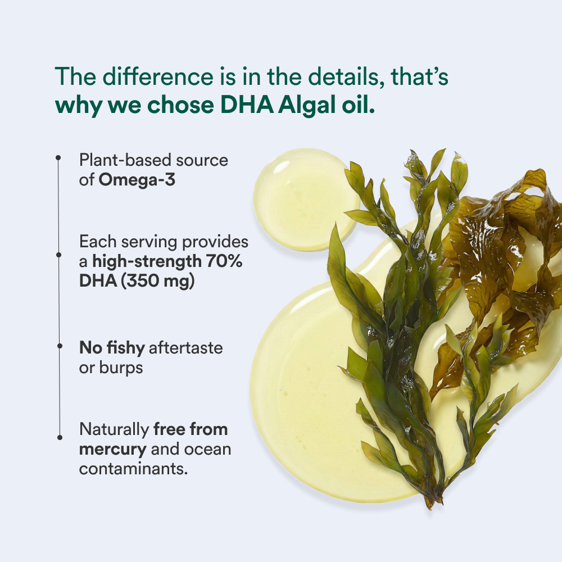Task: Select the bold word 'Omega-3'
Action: click(x=137, y=180)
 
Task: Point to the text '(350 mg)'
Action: click(x=157, y=280)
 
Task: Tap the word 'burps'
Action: click(x=121, y=368)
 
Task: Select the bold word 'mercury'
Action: click(x=112, y=450)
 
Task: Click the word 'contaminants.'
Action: click(x=133, y=469)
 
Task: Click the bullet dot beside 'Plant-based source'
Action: click(x=58, y=158)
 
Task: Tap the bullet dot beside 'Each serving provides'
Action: click(x=59, y=255)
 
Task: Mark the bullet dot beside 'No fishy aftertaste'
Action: click(x=60, y=346)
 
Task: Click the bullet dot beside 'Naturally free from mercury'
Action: click(x=60, y=437)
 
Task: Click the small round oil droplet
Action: click(x=305, y=198)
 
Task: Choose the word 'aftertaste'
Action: click(x=185, y=348)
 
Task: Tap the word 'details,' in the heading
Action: click(x=346, y=76)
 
